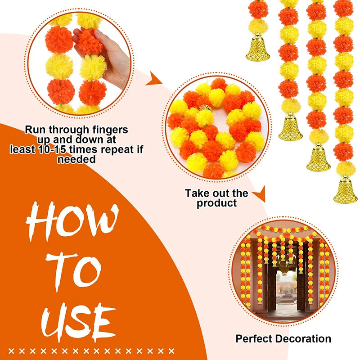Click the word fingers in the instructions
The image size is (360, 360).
(108, 130)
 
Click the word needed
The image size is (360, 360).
(76, 159)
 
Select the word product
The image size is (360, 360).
(216, 203)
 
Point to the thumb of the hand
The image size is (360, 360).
(80, 34)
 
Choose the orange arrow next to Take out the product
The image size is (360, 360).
(259, 196)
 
